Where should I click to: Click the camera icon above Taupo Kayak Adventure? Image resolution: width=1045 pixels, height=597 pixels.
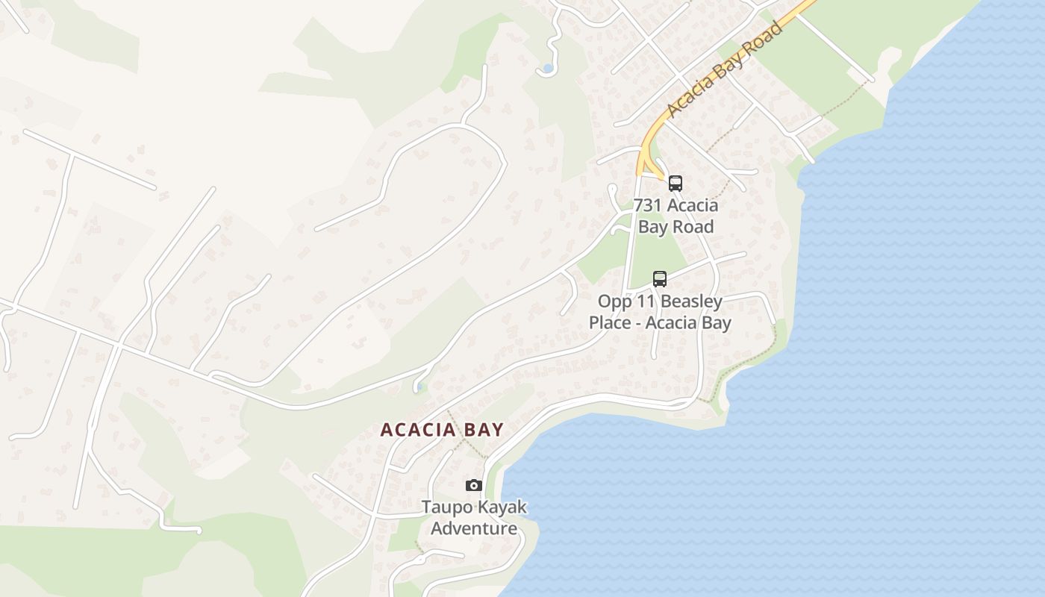pyautogui.click(x=473, y=486)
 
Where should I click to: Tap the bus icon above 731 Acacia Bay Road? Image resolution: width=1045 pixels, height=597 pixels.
pyautogui.click(x=676, y=183)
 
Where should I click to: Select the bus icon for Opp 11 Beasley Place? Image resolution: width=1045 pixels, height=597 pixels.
pyautogui.click(x=660, y=279)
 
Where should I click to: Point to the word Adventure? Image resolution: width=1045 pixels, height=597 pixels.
pyautogui.click(x=474, y=528)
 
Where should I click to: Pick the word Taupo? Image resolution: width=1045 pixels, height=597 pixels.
pyautogui.click(x=446, y=507)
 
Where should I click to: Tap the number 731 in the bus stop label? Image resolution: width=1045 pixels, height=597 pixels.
pyautogui.click(x=649, y=205)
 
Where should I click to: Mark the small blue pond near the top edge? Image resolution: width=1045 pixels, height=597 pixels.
pyautogui.click(x=548, y=69)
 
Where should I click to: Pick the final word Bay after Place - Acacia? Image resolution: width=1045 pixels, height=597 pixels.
pyautogui.click(x=715, y=323)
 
